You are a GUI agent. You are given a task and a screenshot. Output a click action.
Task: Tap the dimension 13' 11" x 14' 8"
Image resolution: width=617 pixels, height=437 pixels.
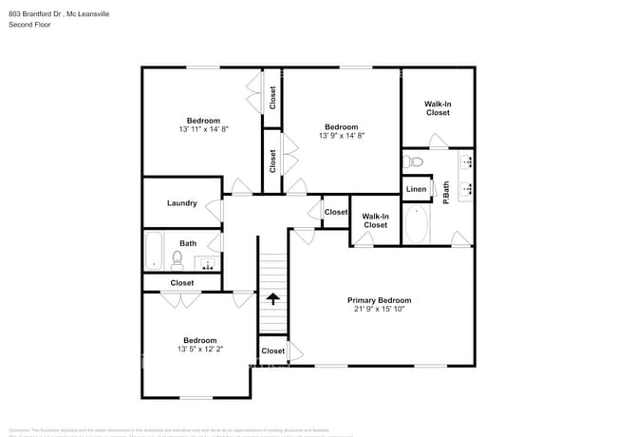[203, 129]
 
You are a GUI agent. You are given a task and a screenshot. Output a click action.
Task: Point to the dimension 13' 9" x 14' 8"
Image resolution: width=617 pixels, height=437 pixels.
[341, 136]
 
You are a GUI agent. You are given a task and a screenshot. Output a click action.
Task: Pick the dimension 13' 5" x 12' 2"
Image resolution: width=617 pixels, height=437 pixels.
[199, 350]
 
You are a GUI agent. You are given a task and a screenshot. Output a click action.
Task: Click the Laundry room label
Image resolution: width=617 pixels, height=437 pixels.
[181, 203]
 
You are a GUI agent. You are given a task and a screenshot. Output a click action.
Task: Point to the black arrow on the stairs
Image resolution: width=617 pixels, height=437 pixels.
[273, 298]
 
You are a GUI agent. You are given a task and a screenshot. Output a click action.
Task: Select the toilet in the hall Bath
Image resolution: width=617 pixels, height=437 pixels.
[178, 257]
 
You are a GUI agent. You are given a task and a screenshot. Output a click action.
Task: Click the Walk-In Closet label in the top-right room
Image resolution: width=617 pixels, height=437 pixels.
[437, 108]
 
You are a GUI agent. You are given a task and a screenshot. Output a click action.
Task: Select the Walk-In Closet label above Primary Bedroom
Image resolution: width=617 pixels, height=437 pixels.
[375, 220]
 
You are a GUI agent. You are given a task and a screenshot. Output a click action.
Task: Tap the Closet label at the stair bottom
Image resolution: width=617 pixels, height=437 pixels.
[272, 351]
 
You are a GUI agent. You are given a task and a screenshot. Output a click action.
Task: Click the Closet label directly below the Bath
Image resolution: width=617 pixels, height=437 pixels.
[181, 283]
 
